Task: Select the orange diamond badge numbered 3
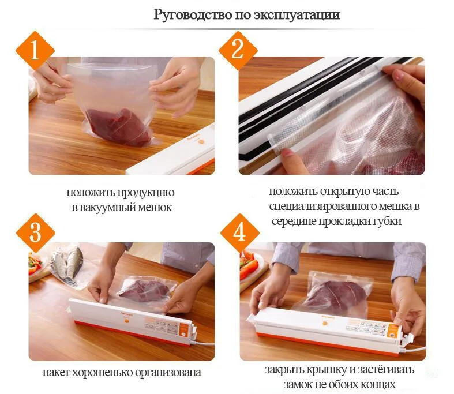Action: (34, 233)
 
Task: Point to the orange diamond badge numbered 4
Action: (239, 233)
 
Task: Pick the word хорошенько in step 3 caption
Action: (103, 372)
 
